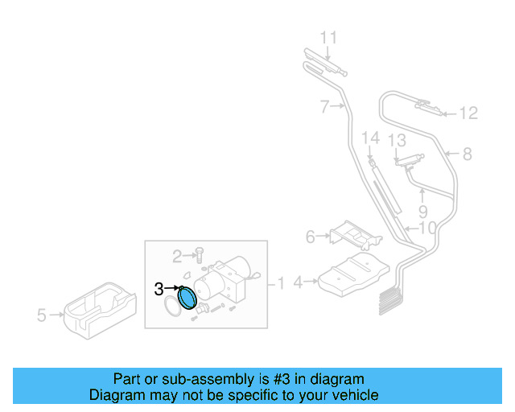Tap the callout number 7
click(x=324, y=106)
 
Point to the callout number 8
click(x=467, y=153)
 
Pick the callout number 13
click(x=397, y=141)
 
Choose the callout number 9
click(x=422, y=212)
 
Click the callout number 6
click(x=311, y=237)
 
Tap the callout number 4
click(x=298, y=282)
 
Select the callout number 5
click(x=42, y=315)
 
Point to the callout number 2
click(x=177, y=256)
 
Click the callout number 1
click(x=282, y=283)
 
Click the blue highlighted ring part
click(x=187, y=298)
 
